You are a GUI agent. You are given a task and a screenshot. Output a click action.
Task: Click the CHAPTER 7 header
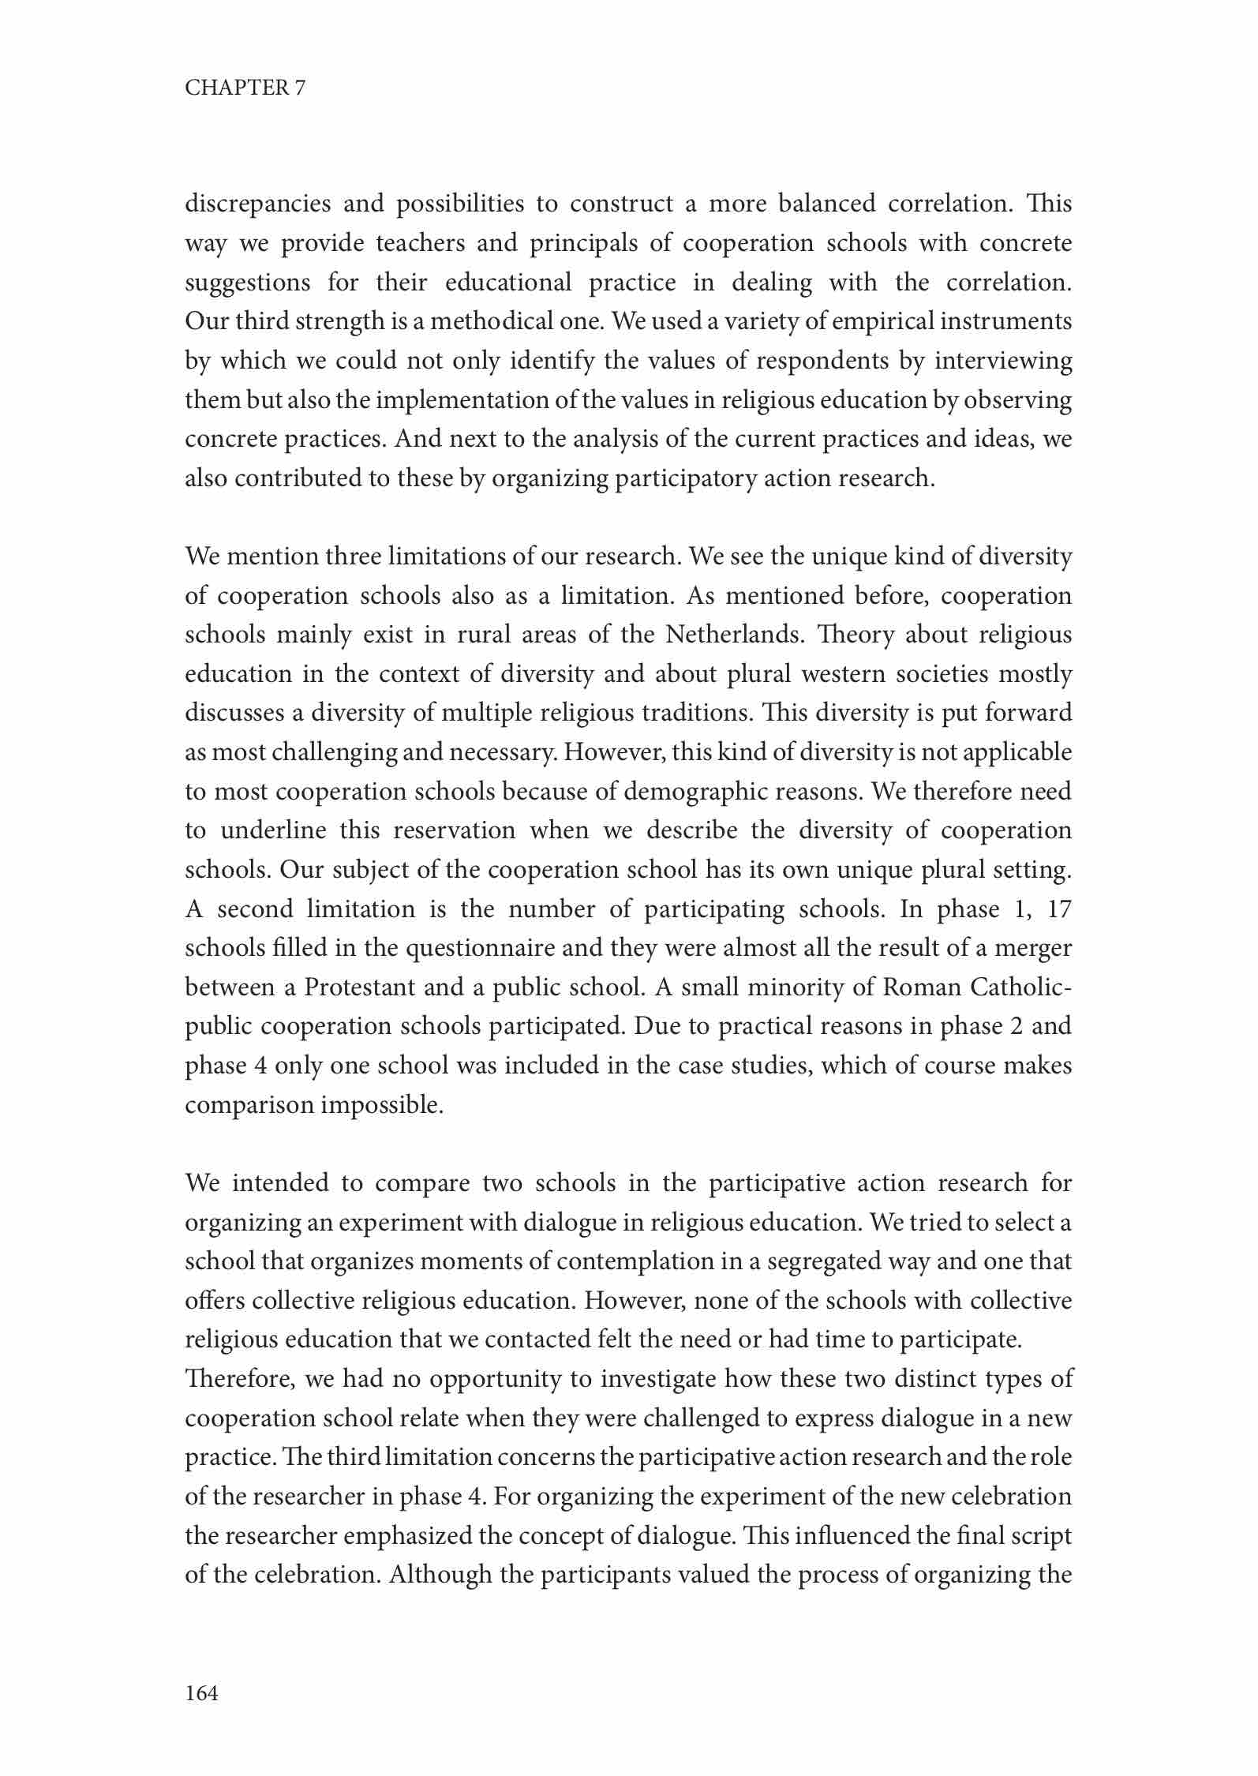(245, 88)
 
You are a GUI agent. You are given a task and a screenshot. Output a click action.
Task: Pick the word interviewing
(1003, 362)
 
